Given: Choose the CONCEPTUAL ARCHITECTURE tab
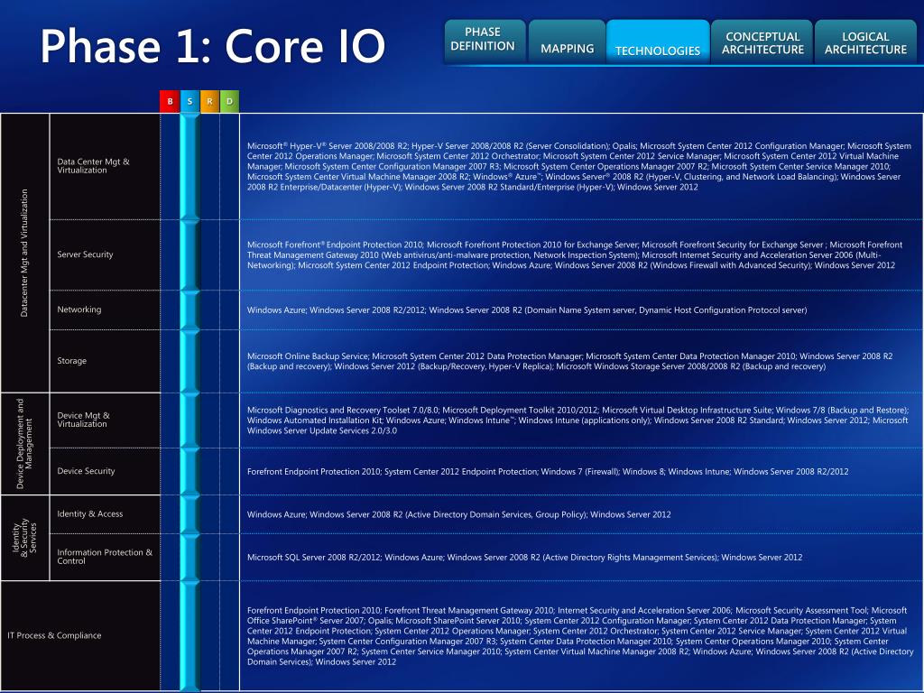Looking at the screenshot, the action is click(762, 43).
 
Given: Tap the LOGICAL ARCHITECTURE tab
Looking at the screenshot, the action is click(865, 43).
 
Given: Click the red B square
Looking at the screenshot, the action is click(170, 101).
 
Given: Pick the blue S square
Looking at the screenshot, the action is click(189, 101).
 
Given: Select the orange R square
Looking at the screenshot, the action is click(209, 101).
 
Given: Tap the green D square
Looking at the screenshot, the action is click(229, 101).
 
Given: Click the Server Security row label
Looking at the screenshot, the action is click(86, 254).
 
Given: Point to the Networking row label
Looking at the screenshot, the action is click(79, 310).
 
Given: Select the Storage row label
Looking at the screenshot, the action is click(72, 361).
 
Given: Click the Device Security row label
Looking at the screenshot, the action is click(87, 471).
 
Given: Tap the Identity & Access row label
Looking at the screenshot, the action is click(90, 514).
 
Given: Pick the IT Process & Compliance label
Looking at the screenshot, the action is click(54, 635).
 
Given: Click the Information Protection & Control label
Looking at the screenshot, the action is click(105, 557).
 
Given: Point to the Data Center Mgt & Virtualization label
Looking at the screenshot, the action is click(93, 166).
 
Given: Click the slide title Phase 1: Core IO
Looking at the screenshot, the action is click(212, 45).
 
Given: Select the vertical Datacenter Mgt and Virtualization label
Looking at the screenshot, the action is click(25, 253).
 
